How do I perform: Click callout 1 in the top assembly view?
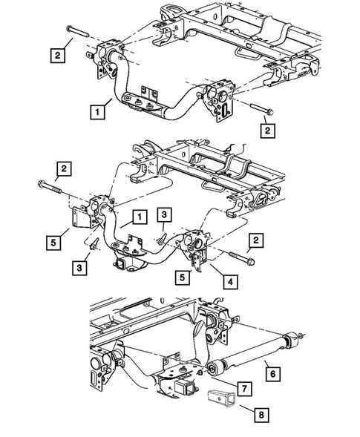96,113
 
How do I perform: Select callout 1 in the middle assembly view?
137,217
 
